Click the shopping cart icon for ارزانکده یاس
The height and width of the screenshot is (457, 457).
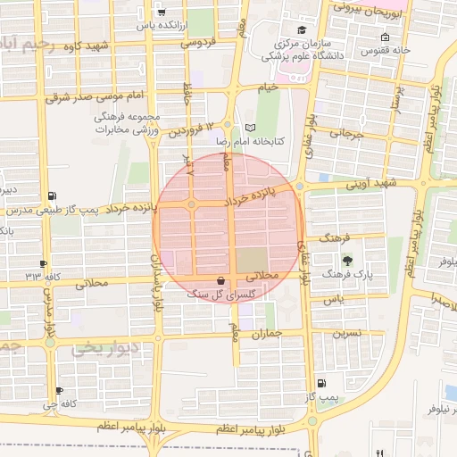[160, 13]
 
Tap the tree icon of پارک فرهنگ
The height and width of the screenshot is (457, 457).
[346, 261]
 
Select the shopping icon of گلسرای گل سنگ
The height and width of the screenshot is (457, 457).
[220, 279]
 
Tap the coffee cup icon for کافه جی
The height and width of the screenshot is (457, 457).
[59, 391]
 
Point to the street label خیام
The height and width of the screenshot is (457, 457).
[269, 87]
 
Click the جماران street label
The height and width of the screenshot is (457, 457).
[266, 334]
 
